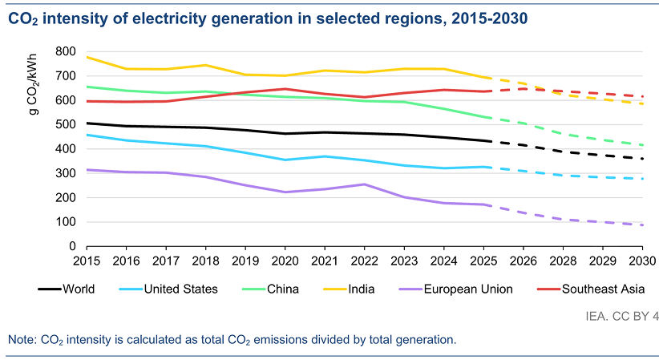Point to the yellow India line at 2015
pyautogui.click(x=87, y=57)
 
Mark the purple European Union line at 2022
pyautogui.click(x=363, y=184)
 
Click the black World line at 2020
pyautogui.click(x=284, y=134)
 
